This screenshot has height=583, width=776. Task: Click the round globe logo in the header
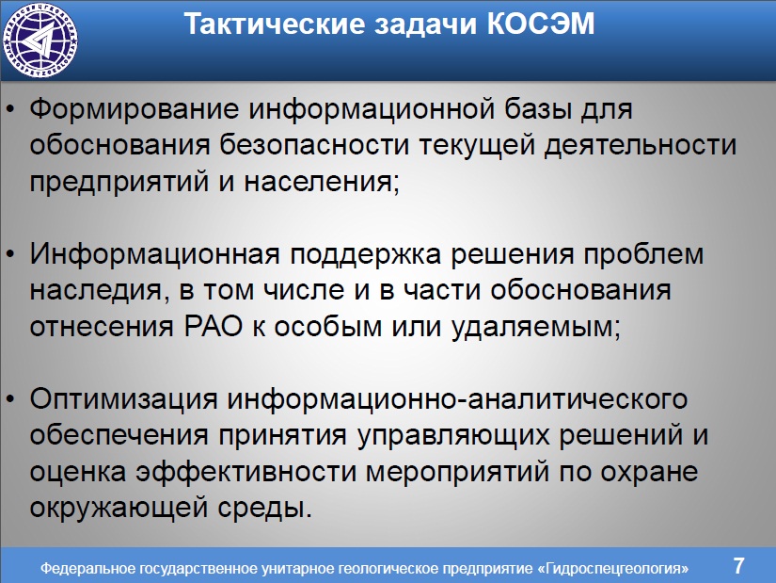click(40, 40)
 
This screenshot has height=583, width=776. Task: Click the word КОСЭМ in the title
click(541, 24)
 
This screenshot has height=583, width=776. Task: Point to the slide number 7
click(738, 566)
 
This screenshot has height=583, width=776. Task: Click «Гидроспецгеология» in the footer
click(612, 568)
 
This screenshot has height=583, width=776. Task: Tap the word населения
click(321, 182)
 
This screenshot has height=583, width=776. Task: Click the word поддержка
click(365, 254)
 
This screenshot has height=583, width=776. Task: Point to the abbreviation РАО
click(214, 327)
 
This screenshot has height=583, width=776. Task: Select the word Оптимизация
click(124, 399)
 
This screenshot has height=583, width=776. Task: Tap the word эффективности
click(246, 472)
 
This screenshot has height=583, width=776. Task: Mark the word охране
click(649, 472)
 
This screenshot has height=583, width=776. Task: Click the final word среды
click(264, 508)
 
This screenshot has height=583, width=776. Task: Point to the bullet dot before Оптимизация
click(11, 400)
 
